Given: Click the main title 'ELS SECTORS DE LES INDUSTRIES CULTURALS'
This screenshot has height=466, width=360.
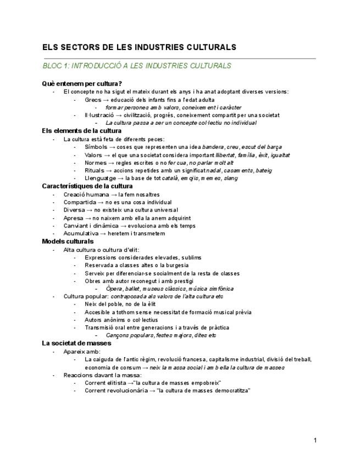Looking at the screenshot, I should click(139, 47).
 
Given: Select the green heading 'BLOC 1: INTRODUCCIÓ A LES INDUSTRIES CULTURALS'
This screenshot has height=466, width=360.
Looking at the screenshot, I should click(137, 66).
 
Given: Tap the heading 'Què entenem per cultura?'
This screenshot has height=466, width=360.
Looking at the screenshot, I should click(82, 84).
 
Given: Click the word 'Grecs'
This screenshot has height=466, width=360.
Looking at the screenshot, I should click(93, 100).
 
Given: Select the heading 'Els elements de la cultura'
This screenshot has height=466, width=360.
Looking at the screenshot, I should click(82, 131).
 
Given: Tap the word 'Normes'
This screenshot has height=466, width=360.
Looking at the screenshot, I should click(96, 163).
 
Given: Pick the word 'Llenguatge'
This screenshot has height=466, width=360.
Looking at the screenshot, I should click(100, 178).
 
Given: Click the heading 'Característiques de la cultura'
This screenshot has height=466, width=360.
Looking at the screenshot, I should click(87, 186).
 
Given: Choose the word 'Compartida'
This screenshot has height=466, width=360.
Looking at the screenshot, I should click(80, 202).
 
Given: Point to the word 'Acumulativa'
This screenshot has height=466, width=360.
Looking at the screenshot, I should click(81, 233).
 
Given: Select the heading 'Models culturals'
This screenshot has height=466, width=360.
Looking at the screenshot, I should click(68, 241).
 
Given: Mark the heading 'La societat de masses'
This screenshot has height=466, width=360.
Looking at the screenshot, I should click(76, 343).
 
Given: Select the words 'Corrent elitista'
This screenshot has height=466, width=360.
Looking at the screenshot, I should click(105, 382).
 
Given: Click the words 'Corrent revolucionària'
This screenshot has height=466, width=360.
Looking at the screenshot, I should click(113, 390).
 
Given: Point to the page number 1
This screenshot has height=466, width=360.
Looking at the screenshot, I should click(315, 440).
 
